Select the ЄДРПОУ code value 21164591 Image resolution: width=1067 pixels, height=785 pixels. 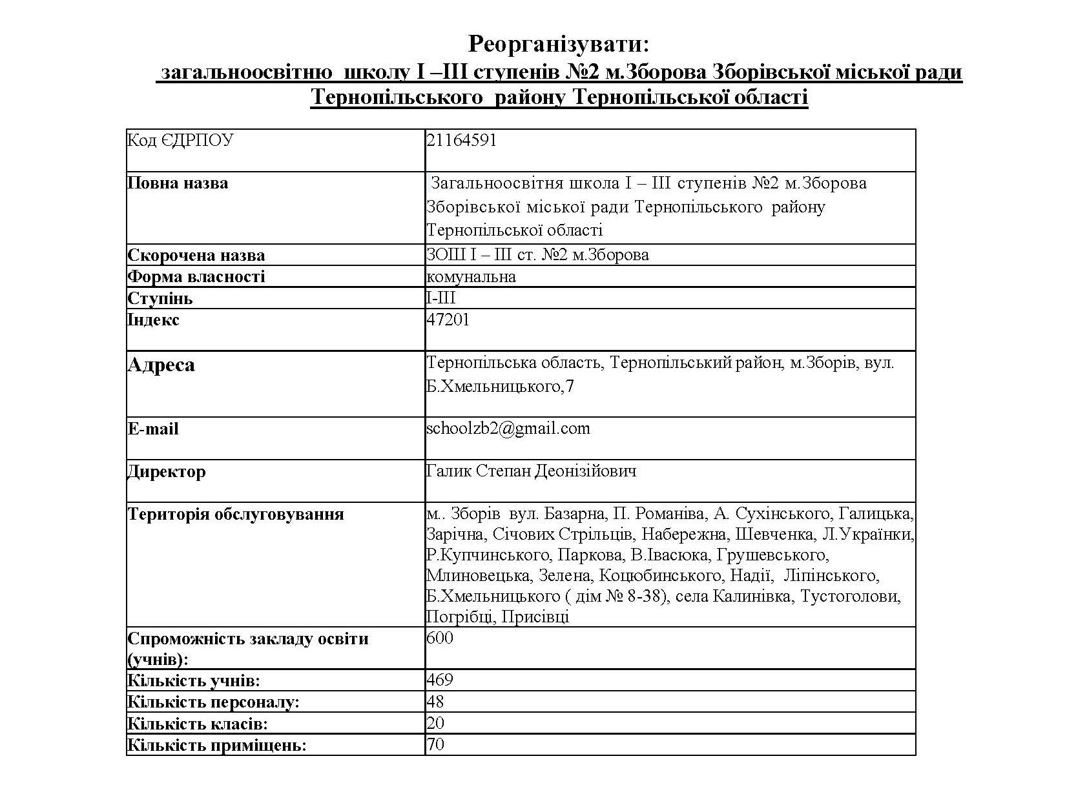click(x=461, y=141)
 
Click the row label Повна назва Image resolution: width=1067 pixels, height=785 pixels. click(x=178, y=183)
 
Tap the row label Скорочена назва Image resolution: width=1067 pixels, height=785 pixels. click(x=196, y=255)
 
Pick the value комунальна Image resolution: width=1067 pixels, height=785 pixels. click(x=471, y=277)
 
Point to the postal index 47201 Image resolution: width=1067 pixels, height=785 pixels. click(x=448, y=320)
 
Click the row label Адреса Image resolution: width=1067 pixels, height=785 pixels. click(x=161, y=365)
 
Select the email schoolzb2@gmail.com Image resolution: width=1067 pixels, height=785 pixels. click(x=508, y=429)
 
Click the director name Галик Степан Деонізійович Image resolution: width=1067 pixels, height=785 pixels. click(x=531, y=471)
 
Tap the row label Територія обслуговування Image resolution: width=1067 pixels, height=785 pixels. click(x=236, y=515)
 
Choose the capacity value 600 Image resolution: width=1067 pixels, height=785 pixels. click(x=440, y=638)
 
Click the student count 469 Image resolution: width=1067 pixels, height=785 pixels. click(x=440, y=680)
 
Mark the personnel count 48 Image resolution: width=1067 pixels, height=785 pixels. click(x=435, y=702)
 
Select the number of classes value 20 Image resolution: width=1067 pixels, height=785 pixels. click(x=435, y=724)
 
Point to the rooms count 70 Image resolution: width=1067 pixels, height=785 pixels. click(x=435, y=745)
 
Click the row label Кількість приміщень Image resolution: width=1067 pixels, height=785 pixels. click(x=216, y=746)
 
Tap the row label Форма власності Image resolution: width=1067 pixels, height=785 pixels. click(x=196, y=277)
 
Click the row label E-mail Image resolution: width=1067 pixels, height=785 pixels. click(x=153, y=429)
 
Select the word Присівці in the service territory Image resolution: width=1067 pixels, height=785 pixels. click(x=535, y=617)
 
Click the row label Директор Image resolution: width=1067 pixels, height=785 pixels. click(x=167, y=472)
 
